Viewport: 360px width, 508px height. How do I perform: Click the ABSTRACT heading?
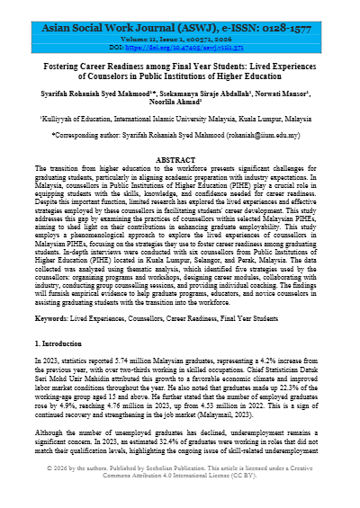[180, 159]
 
